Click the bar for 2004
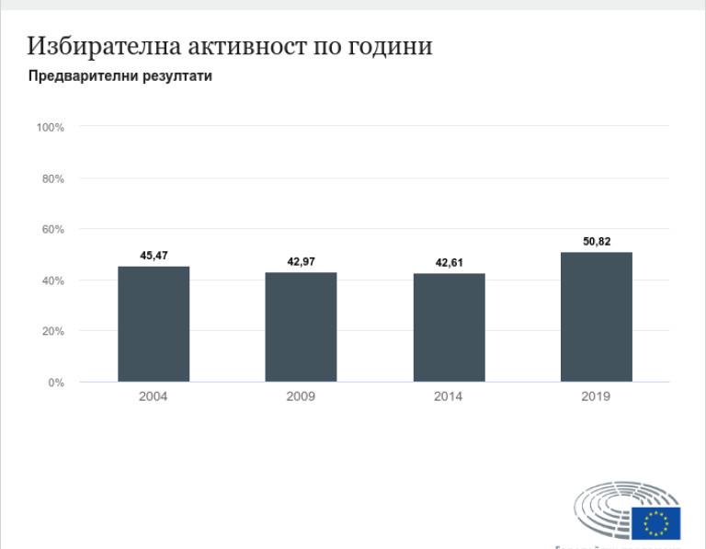pos(154,324)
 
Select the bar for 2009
pos(301,326)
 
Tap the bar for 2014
pos(449,327)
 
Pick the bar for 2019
pos(596,316)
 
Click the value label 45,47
pos(154,255)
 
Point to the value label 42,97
pos(301,262)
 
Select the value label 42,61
pos(449,263)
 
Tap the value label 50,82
pos(596,241)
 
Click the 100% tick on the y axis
pos(50,127)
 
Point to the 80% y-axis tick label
pos(52,178)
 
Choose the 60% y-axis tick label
pos(52,229)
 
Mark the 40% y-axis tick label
pos(52,280)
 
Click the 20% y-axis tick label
pos(52,331)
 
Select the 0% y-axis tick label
pos(56,383)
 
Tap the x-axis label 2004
pos(154,397)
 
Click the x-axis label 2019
pos(596,397)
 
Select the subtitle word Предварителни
pos(82,76)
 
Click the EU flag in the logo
pos(655,523)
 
